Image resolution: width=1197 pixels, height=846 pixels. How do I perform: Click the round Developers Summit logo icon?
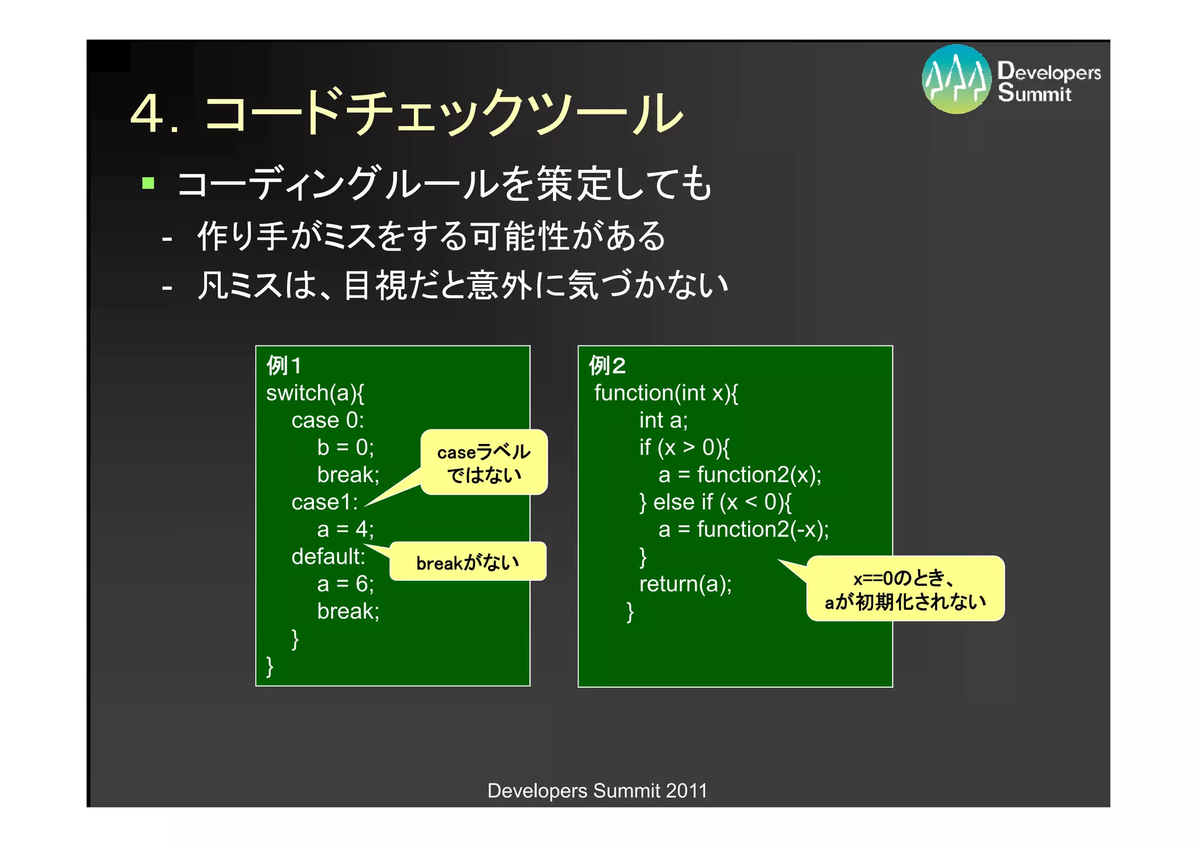pyautogui.click(x=956, y=79)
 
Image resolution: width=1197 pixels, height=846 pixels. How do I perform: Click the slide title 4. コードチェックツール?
pyautogui.click(x=406, y=112)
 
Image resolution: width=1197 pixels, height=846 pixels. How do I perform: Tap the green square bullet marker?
pyautogui.click(x=148, y=183)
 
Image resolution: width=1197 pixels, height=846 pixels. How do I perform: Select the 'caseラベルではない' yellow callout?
pyautogui.click(x=484, y=463)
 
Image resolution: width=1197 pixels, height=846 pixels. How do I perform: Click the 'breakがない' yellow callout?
pyautogui.click(x=468, y=562)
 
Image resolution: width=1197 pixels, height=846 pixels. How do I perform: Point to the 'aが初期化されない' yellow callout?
pyautogui.click(x=905, y=589)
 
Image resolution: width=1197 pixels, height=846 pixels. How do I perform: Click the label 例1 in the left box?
pyautogui.click(x=284, y=366)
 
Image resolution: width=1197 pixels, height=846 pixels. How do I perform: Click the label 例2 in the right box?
pyautogui.click(x=608, y=366)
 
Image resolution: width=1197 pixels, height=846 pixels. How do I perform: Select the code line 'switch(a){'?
pyautogui.click(x=315, y=393)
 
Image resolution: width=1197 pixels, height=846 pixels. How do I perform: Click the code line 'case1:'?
pyautogui.click(x=324, y=502)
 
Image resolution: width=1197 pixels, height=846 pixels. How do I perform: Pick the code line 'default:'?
pyautogui.click(x=328, y=556)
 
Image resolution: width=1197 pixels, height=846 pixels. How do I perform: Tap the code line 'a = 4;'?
pyautogui.click(x=345, y=529)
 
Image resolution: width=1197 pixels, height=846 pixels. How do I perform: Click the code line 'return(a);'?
pyautogui.click(x=685, y=584)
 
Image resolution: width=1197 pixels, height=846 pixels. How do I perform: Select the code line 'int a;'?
pyautogui.click(x=663, y=420)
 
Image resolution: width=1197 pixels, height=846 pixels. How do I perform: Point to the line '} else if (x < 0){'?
pyautogui.click(x=715, y=502)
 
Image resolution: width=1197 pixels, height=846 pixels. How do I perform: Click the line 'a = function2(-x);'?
pyautogui.click(x=743, y=529)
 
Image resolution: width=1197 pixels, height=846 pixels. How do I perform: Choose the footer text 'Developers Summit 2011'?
pyautogui.click(x=597, y=790)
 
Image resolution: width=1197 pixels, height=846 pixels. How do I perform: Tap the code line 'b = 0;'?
pyautogui.click(x=345, y=448)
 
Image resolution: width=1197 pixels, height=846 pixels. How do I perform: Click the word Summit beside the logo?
pyautogui.click(x=1035, y=93)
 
